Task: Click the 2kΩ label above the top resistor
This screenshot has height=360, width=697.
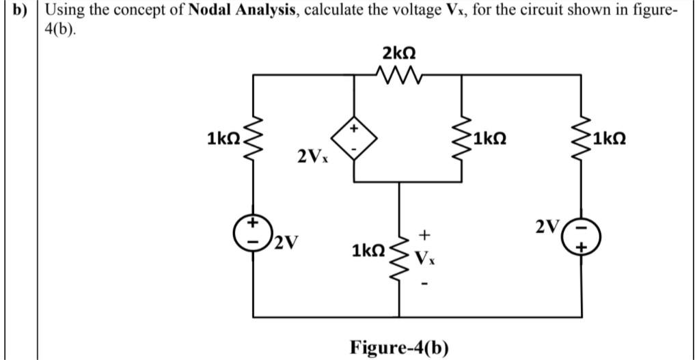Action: pyautogui.click(x=399, y=52)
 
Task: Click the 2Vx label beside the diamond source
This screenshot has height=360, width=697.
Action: pyautogui.click(x=312, y=157)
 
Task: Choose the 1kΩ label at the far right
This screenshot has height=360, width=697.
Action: pyautogui.click(x=610, y=139)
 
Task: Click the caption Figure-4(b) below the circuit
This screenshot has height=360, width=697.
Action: pyautogui.click(x=399, y=346)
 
